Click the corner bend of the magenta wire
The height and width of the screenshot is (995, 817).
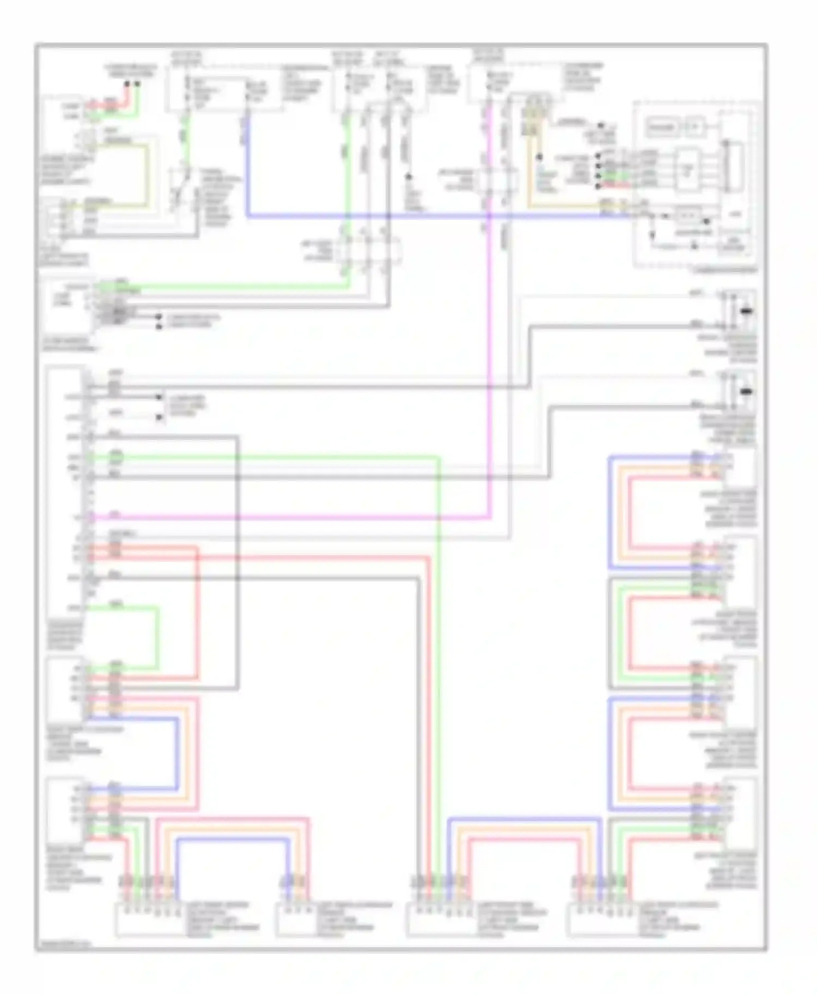[x=490, y=516]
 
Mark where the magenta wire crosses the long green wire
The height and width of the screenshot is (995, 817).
[x=438, y=516]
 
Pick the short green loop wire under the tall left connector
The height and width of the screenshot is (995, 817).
[x=157, y=637]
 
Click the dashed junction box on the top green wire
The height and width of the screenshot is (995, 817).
[x=368, y=251]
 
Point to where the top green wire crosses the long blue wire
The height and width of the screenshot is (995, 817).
[x=349, y=216]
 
